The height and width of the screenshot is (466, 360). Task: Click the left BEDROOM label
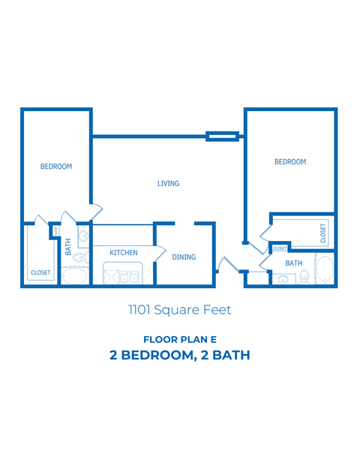pyautogui.click(x=56, y=167)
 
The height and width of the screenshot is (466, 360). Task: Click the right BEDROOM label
pyautogui.click(x=289, y=162)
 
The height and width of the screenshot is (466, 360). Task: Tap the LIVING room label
pyautogui.click(x=168, y=183)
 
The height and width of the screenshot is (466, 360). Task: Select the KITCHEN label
pyautogui.click(x=124, y=253)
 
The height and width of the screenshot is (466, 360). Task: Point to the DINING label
pyautogui.click(x=184, y=257)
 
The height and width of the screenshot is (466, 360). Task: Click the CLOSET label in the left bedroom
pyautogui.click(x=40, y=272)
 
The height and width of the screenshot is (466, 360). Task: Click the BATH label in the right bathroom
pyautogui.click(x=293, y=263)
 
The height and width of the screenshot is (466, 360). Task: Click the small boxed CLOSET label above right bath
pyautogui.click(x=280, y=248)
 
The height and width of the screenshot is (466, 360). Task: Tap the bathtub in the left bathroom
pyautogui.click(x=73, y=277)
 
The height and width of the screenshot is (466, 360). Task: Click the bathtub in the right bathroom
pyautogui.click(x=325, y=271)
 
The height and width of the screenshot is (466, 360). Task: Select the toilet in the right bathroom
pyautogui.click(x=304, y=278)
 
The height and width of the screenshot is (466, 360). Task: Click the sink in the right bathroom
pyautogui.click(x=283, y=279)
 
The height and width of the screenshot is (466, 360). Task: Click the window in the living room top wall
pyautogui.click(x=223, y=137)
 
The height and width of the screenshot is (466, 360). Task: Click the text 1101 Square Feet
pyautogui.click(x=179, y=308)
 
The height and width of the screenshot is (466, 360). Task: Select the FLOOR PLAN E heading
pyautogui.click(x=179, y=339)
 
